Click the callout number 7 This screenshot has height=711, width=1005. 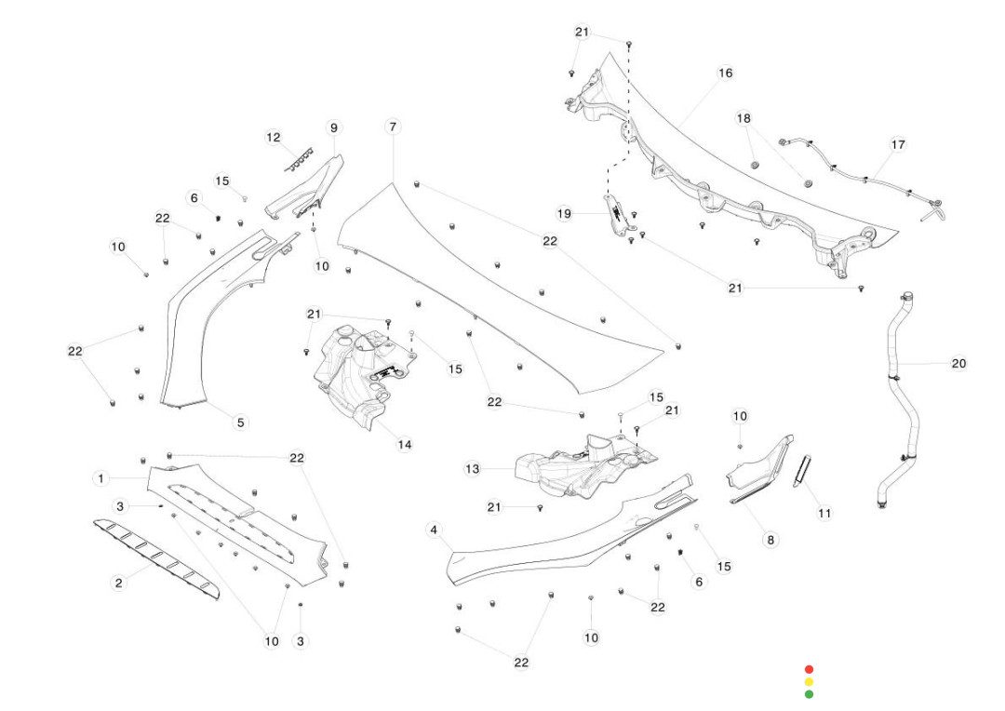pos(393,126)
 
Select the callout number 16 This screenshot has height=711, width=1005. pos(725,73)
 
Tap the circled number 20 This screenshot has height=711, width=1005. pos(958,363)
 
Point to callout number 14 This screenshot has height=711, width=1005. pos(404,444)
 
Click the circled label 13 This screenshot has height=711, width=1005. pos(473,469)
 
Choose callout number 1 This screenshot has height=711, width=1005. pos(100,477)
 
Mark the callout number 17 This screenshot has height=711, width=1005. pos(897,144)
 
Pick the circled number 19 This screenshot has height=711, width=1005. pos(564,213)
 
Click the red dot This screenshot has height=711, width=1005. pos(809,669)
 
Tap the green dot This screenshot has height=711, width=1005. pos(809,693)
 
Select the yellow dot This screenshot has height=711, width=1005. pos(809,681)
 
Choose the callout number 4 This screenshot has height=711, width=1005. pos(433,530)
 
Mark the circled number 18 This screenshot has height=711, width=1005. pos(744,118)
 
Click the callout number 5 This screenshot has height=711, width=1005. pos(240,422)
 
